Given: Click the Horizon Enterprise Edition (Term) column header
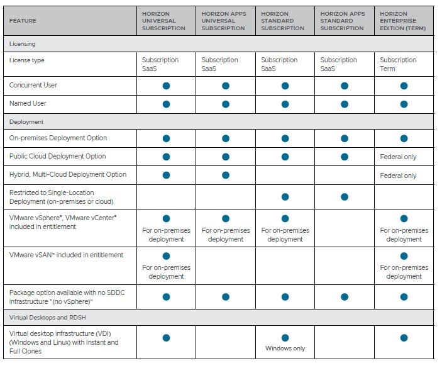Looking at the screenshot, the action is coord(402,21).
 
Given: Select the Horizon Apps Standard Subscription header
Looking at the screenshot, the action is coord(343,21).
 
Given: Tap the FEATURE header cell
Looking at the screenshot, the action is coord(23,21).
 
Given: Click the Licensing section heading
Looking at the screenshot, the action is coord(22,43).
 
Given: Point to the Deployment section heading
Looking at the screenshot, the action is coord(26,122).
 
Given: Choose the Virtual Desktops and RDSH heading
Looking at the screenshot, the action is coord(47,317).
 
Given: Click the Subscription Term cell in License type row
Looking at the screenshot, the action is coord(398,64).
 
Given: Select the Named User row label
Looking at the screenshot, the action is coord(28,104).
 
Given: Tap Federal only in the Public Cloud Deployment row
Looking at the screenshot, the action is coord(398,157).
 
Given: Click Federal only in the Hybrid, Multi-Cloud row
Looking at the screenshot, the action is coord(398,176).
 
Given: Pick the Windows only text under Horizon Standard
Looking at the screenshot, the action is coord(285,348).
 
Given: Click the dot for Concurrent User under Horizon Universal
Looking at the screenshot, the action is coord(167,86).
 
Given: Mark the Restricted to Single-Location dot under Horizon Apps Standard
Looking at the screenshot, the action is coord(345,197).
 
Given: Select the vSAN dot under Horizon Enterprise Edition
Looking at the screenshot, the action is coord(404,256).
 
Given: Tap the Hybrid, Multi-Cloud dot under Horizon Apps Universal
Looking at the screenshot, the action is coord(226,175).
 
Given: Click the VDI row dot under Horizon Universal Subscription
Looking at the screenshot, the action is coord(167,338).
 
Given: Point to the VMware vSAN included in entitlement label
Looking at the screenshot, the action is coord(66,255).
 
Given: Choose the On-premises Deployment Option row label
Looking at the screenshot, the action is coord(58,138).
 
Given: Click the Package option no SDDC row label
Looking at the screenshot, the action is coord(67,297).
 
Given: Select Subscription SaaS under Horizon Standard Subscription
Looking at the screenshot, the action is coord(279,64).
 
